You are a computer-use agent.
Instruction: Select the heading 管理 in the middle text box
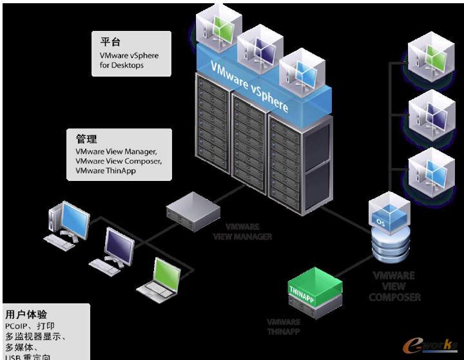[x=86, y=139]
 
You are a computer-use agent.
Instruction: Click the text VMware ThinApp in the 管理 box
[x=105, y=171]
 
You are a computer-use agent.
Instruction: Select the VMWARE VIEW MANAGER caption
[x=242, y=232]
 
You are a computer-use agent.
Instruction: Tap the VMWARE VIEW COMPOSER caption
[x=396, y=286]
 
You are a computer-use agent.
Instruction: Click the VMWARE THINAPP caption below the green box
[x=284, y=327]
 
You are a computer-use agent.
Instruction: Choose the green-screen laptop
[x=157, y=278]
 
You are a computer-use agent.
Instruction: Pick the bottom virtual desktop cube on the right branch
[x=428, y=169]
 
